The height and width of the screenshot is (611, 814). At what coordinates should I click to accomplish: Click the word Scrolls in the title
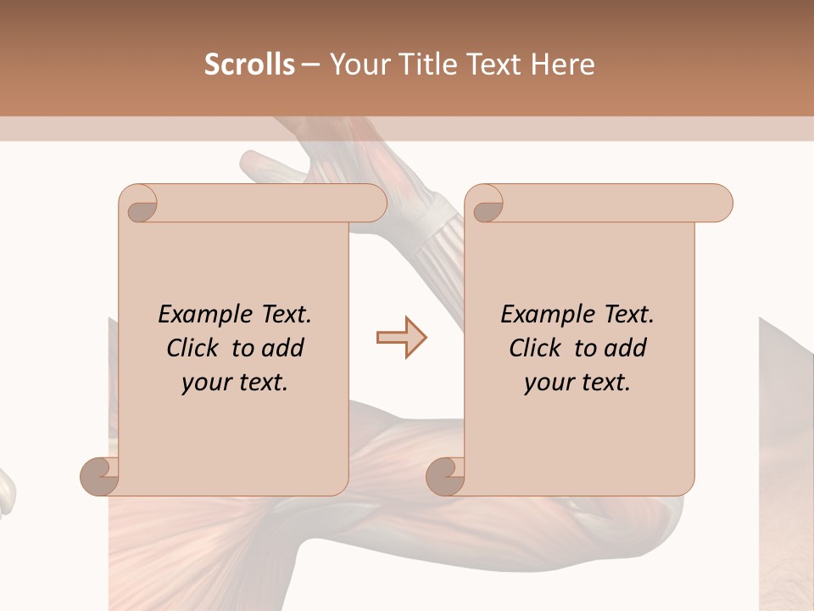249,64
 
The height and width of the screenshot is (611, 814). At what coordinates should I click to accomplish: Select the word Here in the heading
565,64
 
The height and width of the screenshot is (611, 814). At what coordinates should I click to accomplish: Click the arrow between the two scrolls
401,338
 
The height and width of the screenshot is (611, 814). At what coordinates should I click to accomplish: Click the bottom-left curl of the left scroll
101,475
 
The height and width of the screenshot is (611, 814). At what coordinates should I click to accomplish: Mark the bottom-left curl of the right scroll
446,475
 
